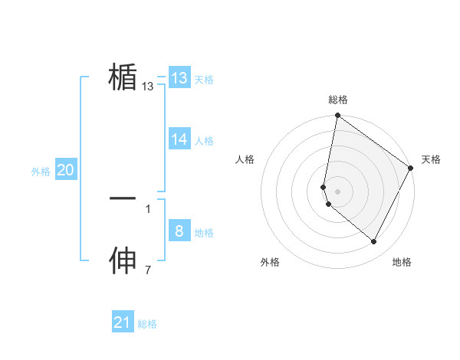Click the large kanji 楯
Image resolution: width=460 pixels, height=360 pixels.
tap(123, 77)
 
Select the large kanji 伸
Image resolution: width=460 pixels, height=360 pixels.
tap(123, 261)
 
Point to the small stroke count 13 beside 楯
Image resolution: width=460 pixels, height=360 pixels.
tap(148, 87)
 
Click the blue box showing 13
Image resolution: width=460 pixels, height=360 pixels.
tap(179, 78)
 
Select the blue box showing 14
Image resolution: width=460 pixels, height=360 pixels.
tap(179, 139)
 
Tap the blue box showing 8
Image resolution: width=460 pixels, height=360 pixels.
tap(179, 231)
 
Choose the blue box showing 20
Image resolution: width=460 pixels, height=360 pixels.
tap(65, 170)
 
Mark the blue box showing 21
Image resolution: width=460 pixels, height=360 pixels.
tap(123, 322)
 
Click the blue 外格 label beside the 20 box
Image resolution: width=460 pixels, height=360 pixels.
tap(41, 172)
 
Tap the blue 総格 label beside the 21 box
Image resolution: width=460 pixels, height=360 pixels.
tap(147, 324)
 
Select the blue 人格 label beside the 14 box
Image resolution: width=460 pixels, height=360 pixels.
tap(204, 141)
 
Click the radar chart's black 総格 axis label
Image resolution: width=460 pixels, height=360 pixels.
tap(338, 100)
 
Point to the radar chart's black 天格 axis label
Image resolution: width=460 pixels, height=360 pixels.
tap(431, 159)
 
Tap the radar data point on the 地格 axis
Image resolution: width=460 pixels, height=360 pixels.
tap(374, 242)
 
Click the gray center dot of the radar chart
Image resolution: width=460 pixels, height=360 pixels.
tap(338, 191)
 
